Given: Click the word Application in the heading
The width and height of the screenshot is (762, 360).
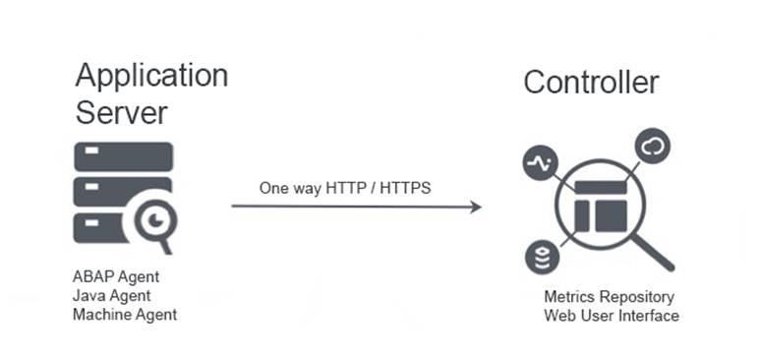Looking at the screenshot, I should [x=151, y=76].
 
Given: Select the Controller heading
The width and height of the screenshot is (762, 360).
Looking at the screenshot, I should [x=591, y=82].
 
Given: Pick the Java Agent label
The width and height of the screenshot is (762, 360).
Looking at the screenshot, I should [x=111, y=295].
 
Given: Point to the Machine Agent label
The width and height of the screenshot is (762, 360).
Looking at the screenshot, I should [x=125, y=315].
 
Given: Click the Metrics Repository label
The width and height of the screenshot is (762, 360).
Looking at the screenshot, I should [x=609, y=297].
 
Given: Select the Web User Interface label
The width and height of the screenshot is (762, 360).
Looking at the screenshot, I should [x=611, y=316].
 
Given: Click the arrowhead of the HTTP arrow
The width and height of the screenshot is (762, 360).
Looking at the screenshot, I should [x=475, y=207].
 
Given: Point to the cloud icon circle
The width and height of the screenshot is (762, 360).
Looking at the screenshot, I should [x=654, y=148].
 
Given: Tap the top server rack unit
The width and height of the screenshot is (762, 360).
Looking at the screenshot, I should [x=123, y=155].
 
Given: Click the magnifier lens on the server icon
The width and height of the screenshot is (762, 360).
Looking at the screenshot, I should [x=153, y=223].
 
